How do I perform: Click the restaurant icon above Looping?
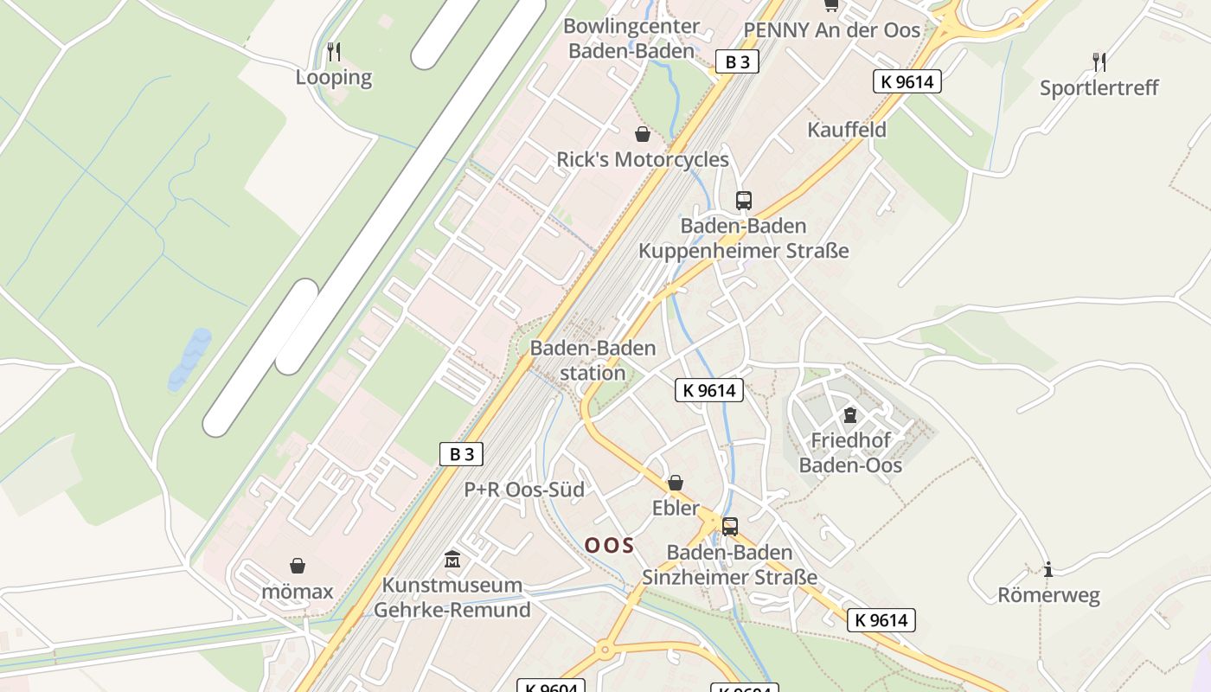(334, 52)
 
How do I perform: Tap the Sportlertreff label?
(1099, 87)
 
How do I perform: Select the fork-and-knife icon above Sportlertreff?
(1099, 61)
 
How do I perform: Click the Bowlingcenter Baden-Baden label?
(631, 38)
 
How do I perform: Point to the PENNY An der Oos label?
(832, 30)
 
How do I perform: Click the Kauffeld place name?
(846, 130)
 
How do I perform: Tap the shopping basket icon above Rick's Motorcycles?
(643, 134)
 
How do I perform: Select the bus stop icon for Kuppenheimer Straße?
(743, 201)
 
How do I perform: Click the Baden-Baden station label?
(593, 360)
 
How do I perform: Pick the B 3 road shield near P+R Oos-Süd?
(461, 454)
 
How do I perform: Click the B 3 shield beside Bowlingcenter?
(737, 61)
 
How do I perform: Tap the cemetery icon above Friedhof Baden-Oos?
(849, 415)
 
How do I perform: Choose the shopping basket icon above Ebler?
(675, 483)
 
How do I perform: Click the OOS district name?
(609, 545)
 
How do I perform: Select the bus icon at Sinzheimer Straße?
(729, 526)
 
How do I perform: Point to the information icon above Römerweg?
(1048, 569)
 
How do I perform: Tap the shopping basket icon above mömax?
(298, 566)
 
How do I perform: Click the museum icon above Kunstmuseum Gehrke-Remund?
(452, 560)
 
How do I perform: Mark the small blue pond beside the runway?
(191, 356)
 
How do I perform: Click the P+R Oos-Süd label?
(524, 490)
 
